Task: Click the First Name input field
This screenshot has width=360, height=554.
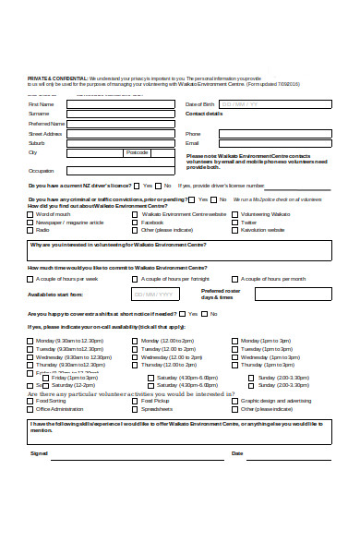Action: pyautogui.click(x=120, y=104)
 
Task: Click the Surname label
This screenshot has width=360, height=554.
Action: pyautogui.click(x=39, y=114)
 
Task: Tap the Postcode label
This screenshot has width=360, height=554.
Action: pyautogui.click(x=137, y=152)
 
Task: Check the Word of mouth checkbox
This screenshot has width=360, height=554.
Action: pyautogui.click(x=30, y=214)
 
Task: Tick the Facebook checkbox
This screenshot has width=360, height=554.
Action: pyautogui.click(x=136, y=223)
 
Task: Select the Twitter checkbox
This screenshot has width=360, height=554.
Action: pyautogui.click(x=235, y=223)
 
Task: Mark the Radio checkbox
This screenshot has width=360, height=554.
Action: pyautogui.click(x=30, y=230)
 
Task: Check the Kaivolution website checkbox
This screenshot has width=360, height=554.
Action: pyautogui.click(x=235, y=230)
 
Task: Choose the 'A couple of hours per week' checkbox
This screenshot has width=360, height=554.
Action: pyautogui.click(x=30, y=278)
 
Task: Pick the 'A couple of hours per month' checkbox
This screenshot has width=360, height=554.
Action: pyautogui.click(x=235, y=278)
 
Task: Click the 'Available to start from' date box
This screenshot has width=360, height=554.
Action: pyautogui.click(x=155, y=295)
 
